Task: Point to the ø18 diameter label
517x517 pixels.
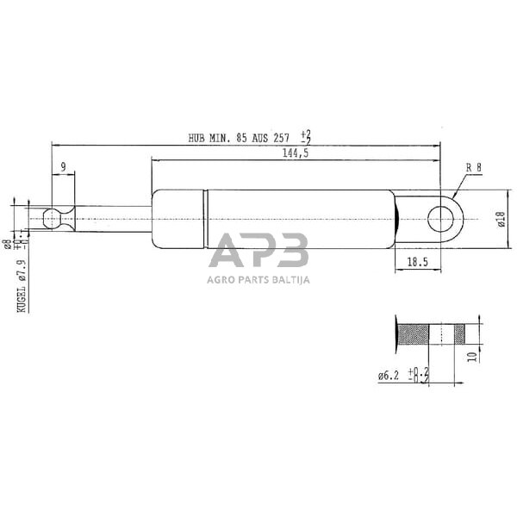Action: (500, 221)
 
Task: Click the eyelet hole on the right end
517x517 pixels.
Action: (441, 220)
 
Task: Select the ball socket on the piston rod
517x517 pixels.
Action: (53, 220)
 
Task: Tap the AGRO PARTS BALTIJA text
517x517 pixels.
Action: (258, 279)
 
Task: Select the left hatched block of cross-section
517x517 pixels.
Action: (414, 333)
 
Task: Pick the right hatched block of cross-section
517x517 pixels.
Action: (459, 333)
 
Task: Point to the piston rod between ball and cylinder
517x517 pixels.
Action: (112, 220)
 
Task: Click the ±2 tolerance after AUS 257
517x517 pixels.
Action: (305, 136)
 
